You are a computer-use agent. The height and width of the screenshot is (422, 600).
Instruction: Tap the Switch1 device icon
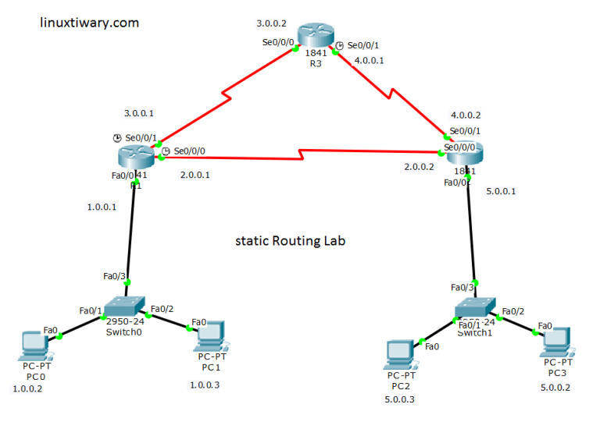(474, 309)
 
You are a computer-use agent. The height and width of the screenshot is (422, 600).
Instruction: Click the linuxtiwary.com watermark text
(89, 23)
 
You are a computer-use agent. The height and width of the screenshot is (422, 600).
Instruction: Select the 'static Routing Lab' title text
(290, 241)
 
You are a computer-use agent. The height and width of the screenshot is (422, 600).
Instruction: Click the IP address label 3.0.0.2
(272, 23)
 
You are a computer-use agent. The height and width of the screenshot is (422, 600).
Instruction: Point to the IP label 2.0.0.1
(195, 175)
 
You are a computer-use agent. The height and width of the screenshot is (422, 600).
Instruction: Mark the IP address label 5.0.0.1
(501, 191)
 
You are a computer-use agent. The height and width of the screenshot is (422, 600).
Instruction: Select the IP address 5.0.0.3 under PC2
(400, 399)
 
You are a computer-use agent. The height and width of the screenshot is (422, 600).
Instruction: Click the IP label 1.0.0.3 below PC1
(205, 385)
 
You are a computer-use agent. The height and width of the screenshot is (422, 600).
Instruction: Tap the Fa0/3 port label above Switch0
(114, 275)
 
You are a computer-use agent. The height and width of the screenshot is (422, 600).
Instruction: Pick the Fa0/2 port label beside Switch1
(513, 312)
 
